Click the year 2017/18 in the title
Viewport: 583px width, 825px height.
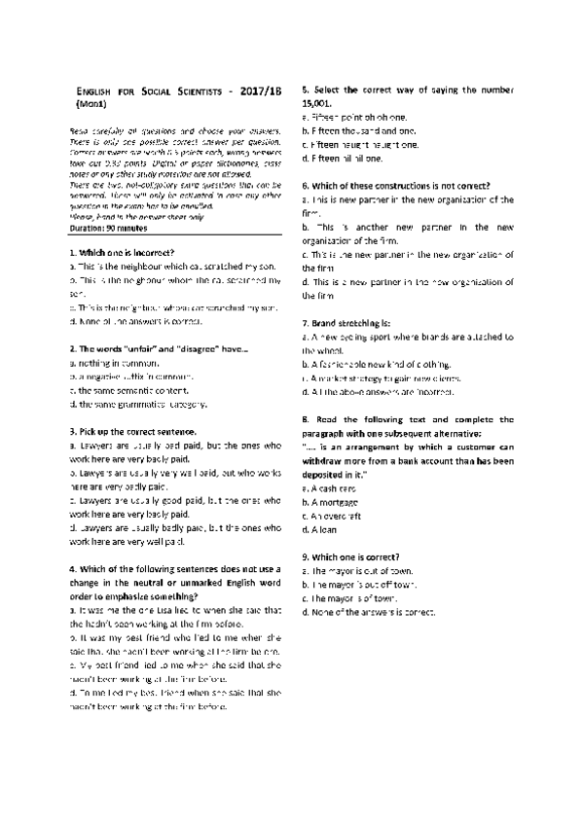pyautogui.click(x=254, y=89)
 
